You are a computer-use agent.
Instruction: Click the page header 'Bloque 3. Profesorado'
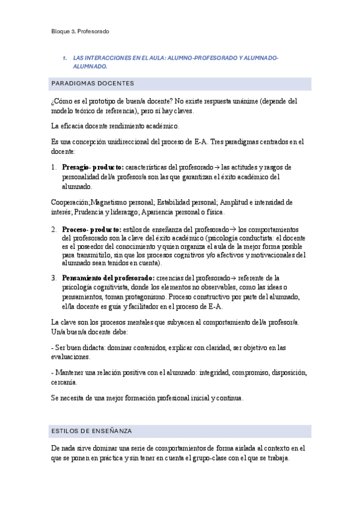(x=79, y=31)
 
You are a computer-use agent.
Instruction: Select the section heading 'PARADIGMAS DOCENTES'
(x=93, y=83)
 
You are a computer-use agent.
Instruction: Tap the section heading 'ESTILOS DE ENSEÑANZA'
(x=91, y=431)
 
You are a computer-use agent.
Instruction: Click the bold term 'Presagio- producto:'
(x=93, y=167)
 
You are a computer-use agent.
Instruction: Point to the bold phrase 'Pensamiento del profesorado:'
(x=108, y=278)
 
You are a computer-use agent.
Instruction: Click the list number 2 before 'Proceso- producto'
(x=54, y=229)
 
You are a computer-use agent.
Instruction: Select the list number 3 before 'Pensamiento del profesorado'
(x=54, y=278)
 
